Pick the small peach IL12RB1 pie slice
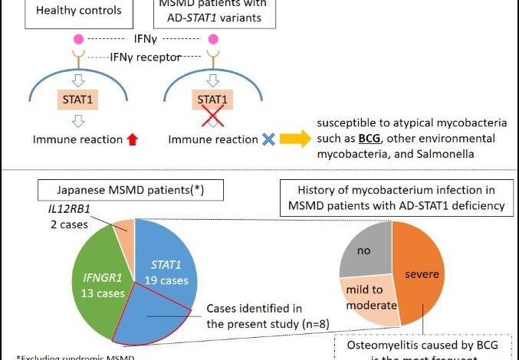124,226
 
